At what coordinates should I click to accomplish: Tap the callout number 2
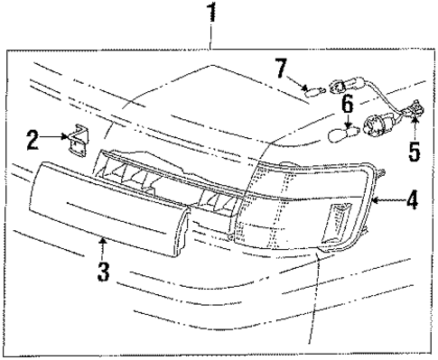coord(33,140)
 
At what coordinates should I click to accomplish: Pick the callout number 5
coord(414,149)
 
